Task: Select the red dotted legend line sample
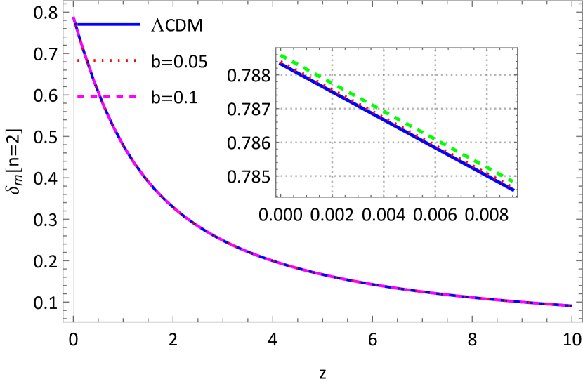click(107, 61)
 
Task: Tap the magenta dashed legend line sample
click(107, 96)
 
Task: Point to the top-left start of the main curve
click(73, 18)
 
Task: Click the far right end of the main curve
click(572, 305)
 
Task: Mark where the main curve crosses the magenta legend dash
click(99, 96)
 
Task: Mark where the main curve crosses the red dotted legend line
click(86, 61)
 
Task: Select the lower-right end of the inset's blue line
click(514, 190)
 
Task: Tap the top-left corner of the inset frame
click(276, 48)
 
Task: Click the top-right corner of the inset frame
click(518, 48)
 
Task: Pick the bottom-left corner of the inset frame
click(276, 197)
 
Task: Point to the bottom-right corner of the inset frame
click(518, 197)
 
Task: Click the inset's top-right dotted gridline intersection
click(487, 75)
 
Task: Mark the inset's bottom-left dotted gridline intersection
click(332, 176)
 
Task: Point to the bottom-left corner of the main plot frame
click(64, 322)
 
